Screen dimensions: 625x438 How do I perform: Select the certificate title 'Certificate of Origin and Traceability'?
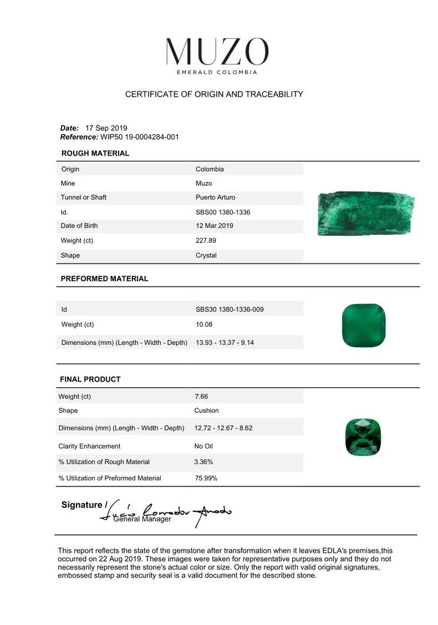coord(214,94)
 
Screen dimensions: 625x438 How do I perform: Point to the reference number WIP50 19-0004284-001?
coord(140,137)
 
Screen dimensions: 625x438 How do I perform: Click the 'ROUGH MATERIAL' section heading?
coord(95,154)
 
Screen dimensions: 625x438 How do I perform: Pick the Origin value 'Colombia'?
coord(210,169)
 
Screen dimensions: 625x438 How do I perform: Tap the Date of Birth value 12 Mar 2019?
coord(214,226)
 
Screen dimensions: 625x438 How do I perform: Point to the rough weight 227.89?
coord(206,241)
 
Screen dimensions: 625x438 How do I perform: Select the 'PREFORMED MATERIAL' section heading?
coord(104,279)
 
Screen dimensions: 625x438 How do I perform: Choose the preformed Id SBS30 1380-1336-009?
coord(230,309)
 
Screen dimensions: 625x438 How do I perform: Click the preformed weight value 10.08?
coord(204,324)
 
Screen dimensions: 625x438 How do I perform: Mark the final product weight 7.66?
coord(201,397)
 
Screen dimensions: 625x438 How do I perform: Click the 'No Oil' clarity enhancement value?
coord(203,446)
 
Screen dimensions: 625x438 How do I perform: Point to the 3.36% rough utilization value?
coord(203,461)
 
